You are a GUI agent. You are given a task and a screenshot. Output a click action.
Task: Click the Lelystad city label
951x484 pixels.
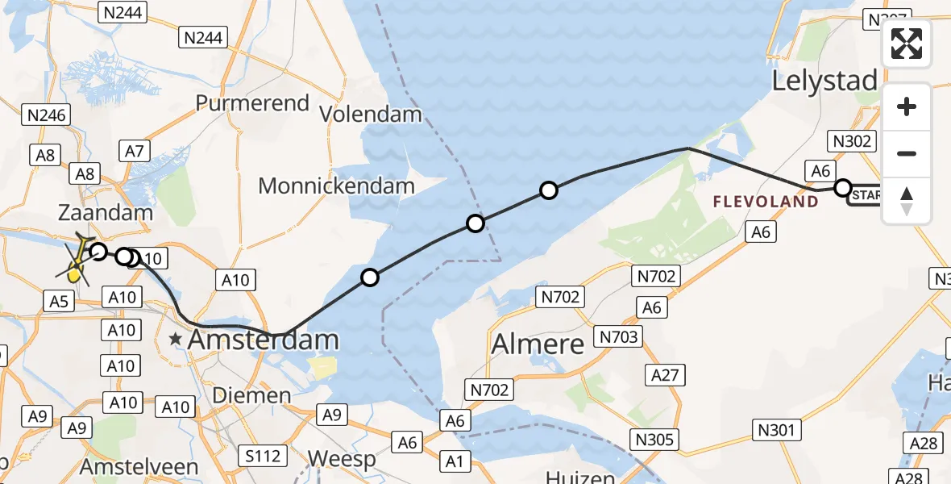pos(824,81)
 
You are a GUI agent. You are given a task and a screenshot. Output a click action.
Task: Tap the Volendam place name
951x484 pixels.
pos(371,114)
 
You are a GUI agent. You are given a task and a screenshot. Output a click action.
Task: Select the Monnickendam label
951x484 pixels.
pos(336,186)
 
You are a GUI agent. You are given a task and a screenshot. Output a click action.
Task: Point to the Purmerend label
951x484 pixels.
pos(252,103)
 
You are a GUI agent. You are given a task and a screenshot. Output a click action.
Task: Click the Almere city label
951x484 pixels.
pos(538,344)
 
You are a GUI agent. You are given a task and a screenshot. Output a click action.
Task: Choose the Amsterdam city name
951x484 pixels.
pos(264,340)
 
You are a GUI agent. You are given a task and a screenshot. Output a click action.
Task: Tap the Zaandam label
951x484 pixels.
pos(106,213)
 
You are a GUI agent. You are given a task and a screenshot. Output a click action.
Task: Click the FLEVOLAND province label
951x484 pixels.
pos(766,202)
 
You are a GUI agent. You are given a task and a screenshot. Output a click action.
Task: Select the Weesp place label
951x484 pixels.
pos(342,460)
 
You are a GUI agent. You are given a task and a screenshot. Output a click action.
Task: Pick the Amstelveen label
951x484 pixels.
pos(139,467)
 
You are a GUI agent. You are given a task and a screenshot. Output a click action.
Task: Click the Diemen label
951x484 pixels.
pos(251,395)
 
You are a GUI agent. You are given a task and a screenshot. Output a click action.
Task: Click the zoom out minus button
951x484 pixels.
pos(907,153)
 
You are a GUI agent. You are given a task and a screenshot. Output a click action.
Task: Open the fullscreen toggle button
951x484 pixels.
pos(907,44)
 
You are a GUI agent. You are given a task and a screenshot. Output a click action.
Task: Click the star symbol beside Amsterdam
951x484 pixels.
pos(176,340)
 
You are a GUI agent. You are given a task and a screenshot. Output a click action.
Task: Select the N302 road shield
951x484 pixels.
pos(852,141)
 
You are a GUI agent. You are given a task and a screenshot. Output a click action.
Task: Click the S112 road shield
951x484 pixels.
pos(264,457)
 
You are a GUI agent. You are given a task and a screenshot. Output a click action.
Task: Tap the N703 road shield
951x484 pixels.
pos(618,336)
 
